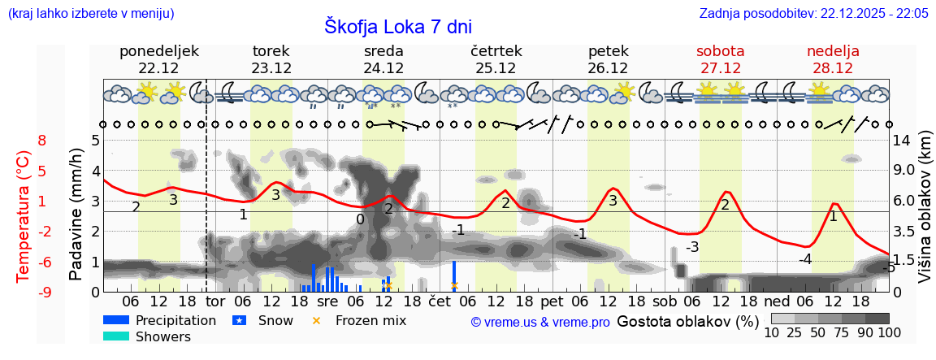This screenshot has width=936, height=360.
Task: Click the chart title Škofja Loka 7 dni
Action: pyautogui.click(x=398, y=26)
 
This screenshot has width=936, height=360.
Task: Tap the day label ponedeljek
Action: pyautogui.click(x=158, y=51)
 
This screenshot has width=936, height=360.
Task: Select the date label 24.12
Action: pyautogui.click(x=383, y=68)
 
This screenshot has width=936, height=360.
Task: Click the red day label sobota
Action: pyautogui.click(x=720, y=51)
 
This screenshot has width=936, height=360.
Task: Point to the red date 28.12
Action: pyautogui.click(x=833, y=68)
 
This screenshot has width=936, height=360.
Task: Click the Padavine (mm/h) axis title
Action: pyautogui.click(x=76, y=215)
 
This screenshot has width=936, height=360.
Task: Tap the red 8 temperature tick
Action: pyautogui.click(x=42, y=141)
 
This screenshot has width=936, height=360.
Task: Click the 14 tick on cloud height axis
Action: pyautogui.click(x=902, y=141)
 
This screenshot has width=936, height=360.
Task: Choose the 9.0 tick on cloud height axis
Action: pyautogui.click(x=903, y=171)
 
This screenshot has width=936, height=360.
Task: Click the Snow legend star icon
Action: pyautogui.click(x=240, y=320)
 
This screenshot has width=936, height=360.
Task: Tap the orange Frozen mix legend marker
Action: pyautogui.click(x=317, y=320)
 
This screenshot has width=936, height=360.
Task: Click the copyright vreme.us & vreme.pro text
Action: pyautogui.click(x=539, y=322)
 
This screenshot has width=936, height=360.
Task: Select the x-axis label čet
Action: pyautogui.click(x=439, y=302)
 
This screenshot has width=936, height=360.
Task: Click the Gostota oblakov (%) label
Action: pyautogui.click(x=687, y=321)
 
